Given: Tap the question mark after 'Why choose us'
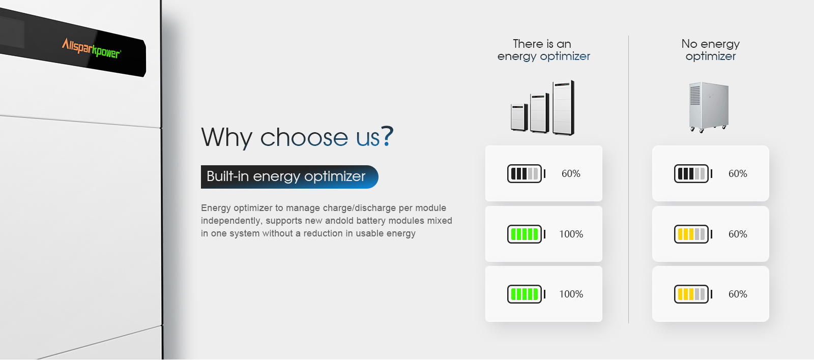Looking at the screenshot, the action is pos(387,136).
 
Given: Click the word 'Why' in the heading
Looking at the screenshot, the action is pos(227,137).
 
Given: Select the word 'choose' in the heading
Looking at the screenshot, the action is pos(304,137).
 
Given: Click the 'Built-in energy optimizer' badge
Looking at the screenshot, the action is pos(289,177).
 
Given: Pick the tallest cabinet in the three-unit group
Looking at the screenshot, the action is pos(564,107).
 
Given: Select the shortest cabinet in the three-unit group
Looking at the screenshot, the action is pos(519,117).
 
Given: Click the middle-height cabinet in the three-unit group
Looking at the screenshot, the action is pos(540,112).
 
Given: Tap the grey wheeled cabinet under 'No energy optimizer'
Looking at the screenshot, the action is pos(709,107).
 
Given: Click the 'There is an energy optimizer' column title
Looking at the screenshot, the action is pos(544,50).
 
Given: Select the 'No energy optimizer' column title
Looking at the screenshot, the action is pos(710,50).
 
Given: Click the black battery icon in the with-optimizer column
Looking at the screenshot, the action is pos(527,173).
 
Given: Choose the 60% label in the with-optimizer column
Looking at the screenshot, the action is pos(571,173).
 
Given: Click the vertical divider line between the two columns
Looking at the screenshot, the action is pos(628,179).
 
